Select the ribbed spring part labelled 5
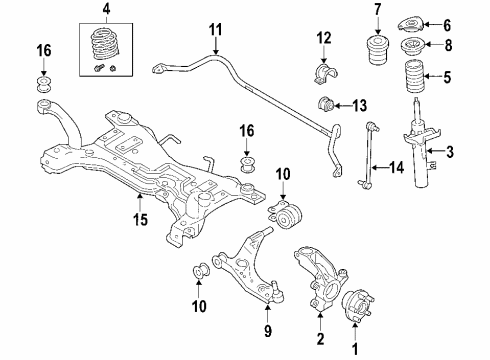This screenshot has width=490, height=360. tap(413, 81)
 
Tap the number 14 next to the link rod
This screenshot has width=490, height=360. tap(399, 168)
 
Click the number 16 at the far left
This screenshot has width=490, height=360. tap(43, 51)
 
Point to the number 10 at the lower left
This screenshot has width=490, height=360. tap(198, 301)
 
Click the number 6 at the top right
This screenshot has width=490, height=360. tap(448, 25)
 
